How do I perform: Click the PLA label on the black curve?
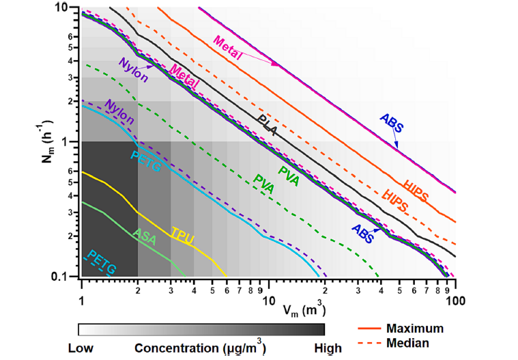[267, 126]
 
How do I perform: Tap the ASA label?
[145, 236]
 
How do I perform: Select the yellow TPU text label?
[182, 236]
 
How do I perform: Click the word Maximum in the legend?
[414, 329]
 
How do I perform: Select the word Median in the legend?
[408, 342]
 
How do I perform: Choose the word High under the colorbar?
[328, 348]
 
